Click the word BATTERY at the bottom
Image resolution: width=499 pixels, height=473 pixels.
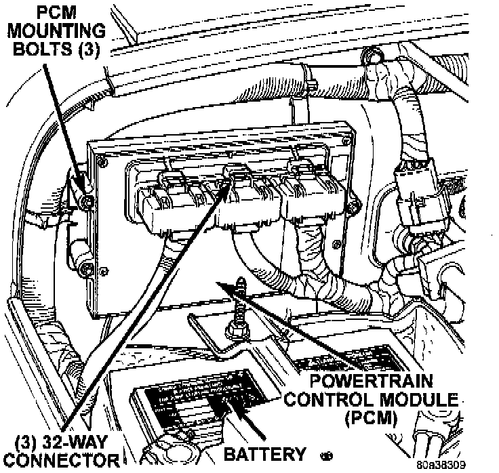[265, 453]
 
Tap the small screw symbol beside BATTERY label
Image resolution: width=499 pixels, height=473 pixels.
[329, 455]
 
